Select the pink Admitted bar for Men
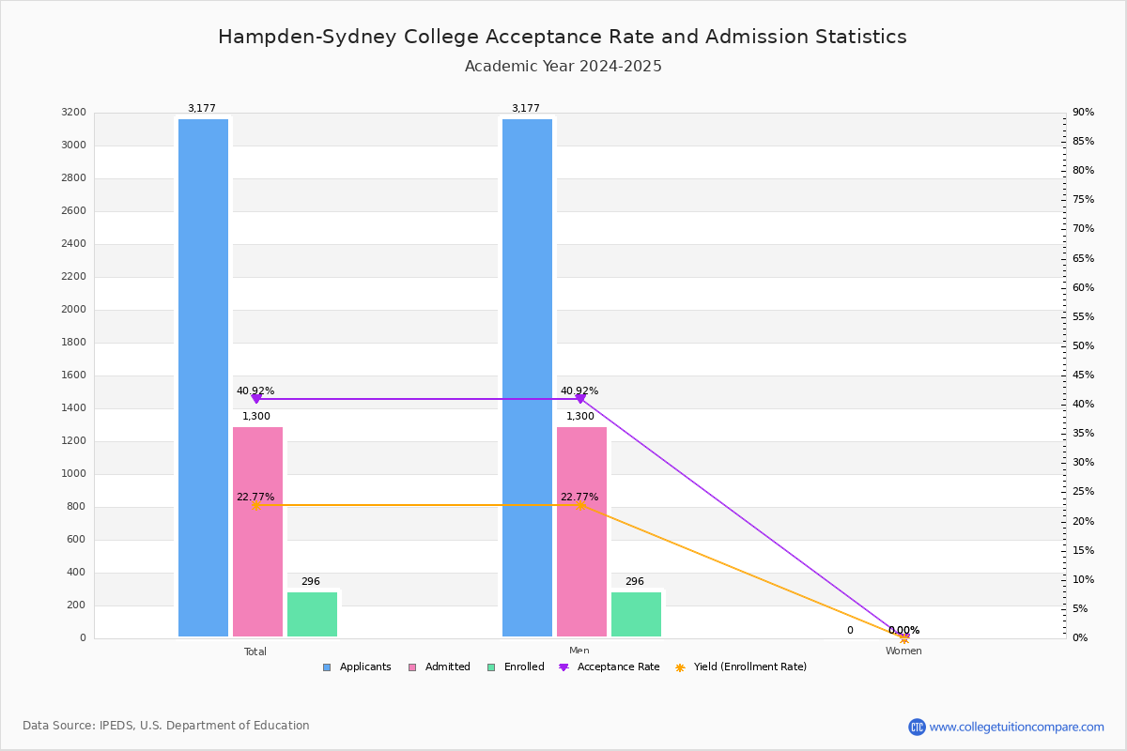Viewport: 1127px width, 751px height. [x=581, y=531]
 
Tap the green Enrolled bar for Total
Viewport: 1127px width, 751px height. [x=312, y=614]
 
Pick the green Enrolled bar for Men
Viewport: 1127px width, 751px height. [x=636, y=614]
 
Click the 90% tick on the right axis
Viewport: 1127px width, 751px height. [x=1083, y=113]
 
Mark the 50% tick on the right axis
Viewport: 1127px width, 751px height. [x=1083, y=346]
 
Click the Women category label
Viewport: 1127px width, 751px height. [x=903, y=651]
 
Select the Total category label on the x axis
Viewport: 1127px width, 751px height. [x=255, y=651]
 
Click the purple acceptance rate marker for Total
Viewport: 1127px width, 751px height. [x=256, y=399]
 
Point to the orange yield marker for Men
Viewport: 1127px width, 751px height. [x=580, y=505]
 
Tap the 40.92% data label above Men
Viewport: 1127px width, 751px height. [x=579, y=391]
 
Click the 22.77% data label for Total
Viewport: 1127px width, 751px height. [x=255, y=497]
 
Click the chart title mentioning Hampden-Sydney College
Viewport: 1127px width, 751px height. [x=563, y=38]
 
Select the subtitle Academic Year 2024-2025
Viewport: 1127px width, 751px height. [x=563, y=67]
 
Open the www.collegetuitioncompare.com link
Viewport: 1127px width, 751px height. [x=1016, y=727]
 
